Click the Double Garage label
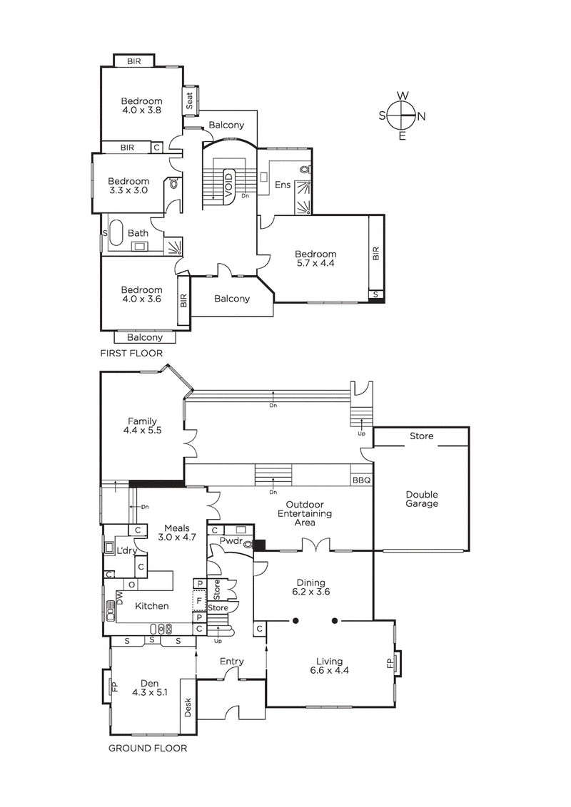tap(421, 499)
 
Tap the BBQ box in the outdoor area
tap(361, 480)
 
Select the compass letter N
tap(421, 117)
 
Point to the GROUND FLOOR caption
tap(148, 748)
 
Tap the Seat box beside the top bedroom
tap(190, 101)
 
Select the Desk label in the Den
tap(188, 707)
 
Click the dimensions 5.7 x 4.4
tap(315, 263)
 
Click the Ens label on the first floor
tap(282, 185)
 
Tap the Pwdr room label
tap(231, 541)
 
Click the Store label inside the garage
tap(421, 436)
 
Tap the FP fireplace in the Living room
tap(390, 663)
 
